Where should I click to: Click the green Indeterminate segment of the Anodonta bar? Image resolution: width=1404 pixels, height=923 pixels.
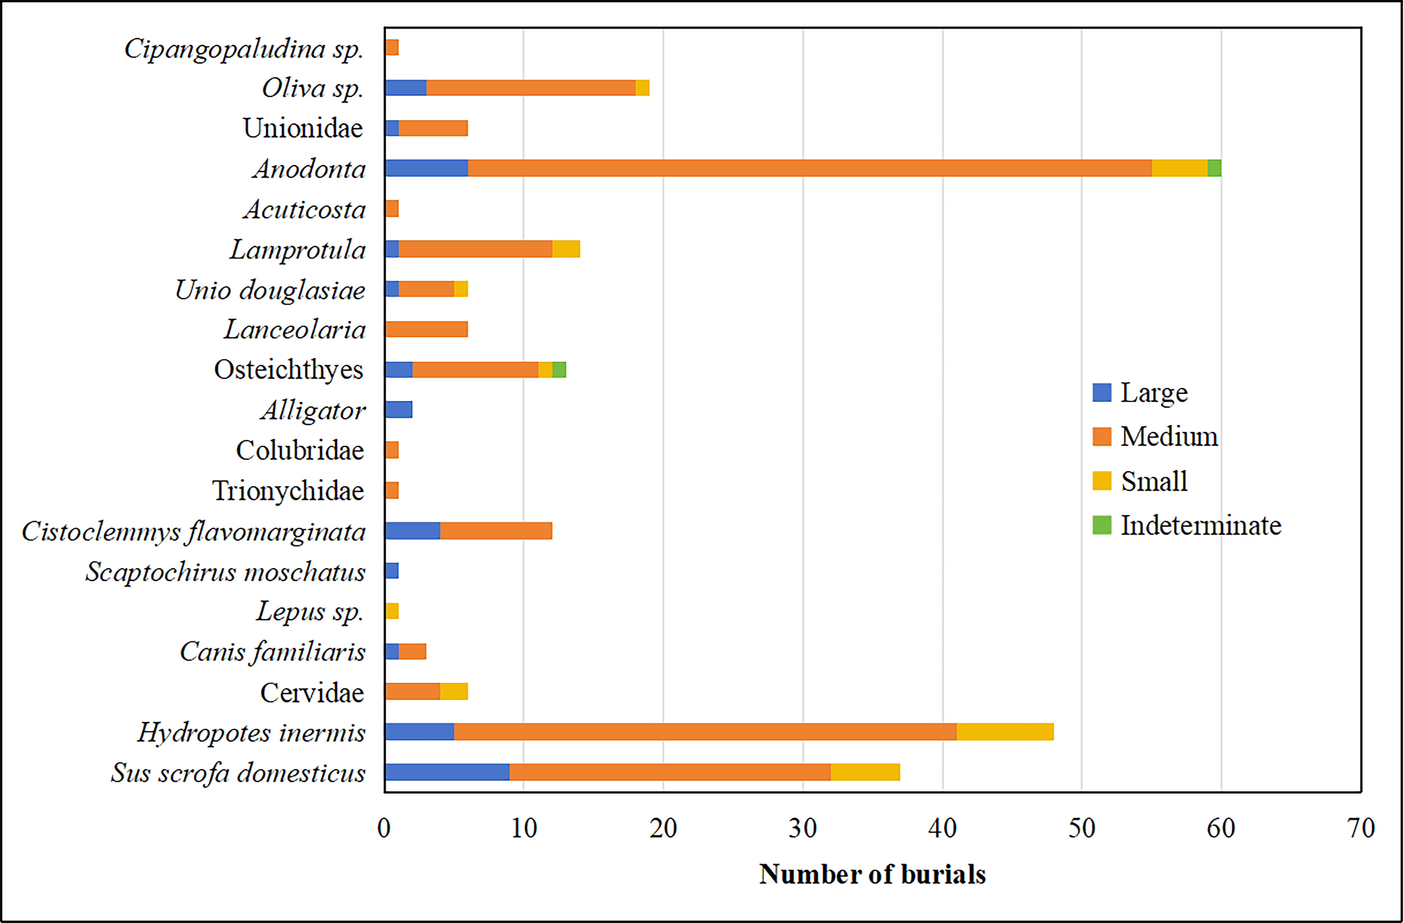[1214, 168]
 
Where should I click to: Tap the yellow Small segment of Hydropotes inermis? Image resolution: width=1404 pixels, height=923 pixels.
[1005, 732]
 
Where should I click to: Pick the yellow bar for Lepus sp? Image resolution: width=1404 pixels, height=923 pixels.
[392, 611]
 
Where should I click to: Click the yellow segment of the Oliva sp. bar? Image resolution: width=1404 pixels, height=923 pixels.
[642, 88]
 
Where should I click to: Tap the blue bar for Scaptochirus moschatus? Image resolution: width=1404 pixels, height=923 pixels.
[392, 571]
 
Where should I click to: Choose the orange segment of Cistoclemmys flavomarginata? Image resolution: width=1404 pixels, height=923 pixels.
[496, 531]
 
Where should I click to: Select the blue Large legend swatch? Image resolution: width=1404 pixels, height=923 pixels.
[1101, 392]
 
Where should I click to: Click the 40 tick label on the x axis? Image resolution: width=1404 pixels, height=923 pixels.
[942, 829]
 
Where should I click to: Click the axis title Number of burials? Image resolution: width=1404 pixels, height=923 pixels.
[872, 874]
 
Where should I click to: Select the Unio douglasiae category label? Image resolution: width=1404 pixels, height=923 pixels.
[270, 290]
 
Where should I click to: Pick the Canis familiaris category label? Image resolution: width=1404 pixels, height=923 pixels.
[273, 652]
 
